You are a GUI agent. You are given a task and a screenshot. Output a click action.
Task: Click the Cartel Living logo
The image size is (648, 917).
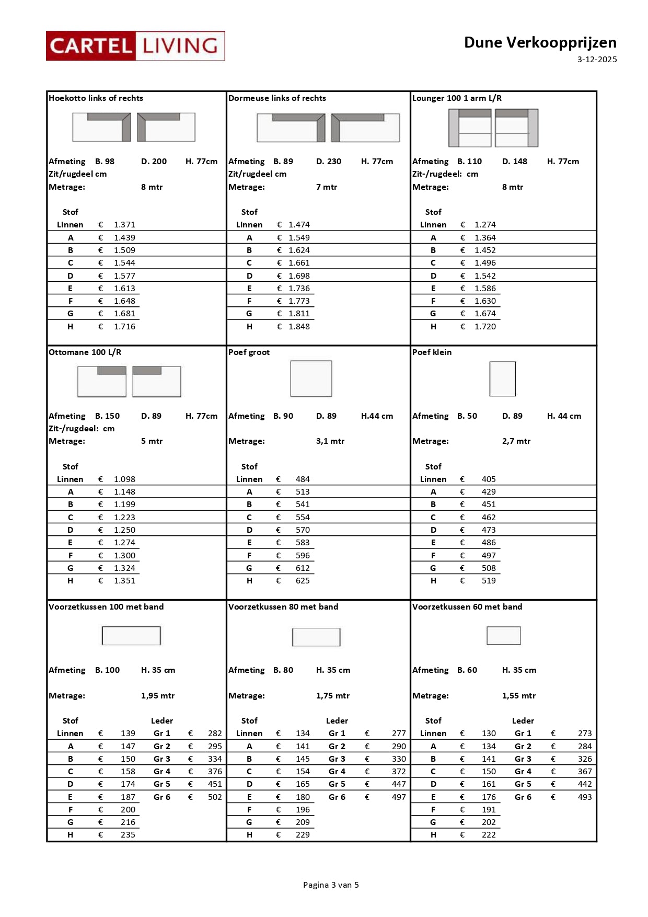coord(135,46)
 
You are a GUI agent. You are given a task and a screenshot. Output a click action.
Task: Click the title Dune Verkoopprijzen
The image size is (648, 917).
coord(540,42)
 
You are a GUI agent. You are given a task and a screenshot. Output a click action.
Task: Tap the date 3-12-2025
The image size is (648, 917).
coord(597,60)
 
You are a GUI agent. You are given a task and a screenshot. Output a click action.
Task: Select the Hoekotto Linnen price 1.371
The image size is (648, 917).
coord(124,225)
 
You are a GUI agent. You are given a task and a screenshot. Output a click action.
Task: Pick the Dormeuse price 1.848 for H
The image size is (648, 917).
coord(299,327)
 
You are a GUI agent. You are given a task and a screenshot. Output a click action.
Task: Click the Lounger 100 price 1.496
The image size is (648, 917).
coord(485,263)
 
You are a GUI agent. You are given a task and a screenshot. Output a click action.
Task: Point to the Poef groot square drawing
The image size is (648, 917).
coord(311,379)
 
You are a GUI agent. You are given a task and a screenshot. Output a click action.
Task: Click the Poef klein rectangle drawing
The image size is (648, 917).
coord(502,379)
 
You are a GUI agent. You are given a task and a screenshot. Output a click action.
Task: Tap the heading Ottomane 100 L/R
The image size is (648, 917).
coord(85,352)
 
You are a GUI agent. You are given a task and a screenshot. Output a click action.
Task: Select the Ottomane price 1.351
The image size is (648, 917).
coord(124,581)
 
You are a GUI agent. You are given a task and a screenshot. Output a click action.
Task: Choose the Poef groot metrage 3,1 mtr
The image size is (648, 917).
coord(330,441)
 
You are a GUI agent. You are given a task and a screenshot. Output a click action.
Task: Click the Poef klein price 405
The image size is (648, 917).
coord(489,479)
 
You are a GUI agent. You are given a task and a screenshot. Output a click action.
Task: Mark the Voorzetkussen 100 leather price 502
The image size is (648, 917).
coord(215,797)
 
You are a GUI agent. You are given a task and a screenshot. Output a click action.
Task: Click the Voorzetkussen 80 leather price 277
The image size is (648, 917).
coord(399,733)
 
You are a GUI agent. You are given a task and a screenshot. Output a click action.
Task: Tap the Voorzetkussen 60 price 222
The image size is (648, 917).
coord(489,835)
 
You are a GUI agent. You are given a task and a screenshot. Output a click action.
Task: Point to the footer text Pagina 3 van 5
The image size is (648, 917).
coord(331,885)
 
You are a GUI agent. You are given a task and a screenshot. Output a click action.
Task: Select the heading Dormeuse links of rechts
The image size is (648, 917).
coord(277,98)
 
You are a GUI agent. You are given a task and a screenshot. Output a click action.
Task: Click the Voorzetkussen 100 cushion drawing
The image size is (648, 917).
coord(131,636)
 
